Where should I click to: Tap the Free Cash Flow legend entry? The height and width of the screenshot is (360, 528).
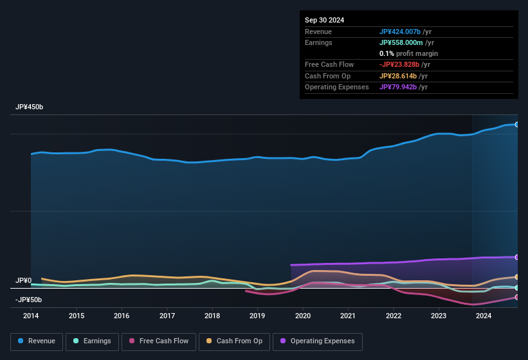tap(159, 341)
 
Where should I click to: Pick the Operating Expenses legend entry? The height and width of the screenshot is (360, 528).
tap(318, 341)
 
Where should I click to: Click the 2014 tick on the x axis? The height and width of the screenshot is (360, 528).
tap(31, 316)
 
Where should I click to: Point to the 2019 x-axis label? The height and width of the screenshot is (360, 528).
tap(257, 316)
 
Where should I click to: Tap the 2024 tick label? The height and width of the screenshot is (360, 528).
tap(484, 316)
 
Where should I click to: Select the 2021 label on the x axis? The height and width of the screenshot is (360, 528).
tap(348, 316)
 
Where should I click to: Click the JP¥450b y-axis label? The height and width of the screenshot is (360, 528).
tap(30, 107)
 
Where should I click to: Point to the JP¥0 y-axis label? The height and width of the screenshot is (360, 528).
tap(23, 281)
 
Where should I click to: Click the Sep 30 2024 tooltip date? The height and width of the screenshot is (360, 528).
tap(324, 20)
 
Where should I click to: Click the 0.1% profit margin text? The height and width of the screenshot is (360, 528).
tap(408, 53)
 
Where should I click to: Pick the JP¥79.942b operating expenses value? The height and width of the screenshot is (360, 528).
tap(402, 87)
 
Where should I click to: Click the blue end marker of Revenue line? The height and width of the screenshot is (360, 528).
tap(517, 124)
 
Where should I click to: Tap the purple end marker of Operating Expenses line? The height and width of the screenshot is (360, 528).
tap(517, 257)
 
